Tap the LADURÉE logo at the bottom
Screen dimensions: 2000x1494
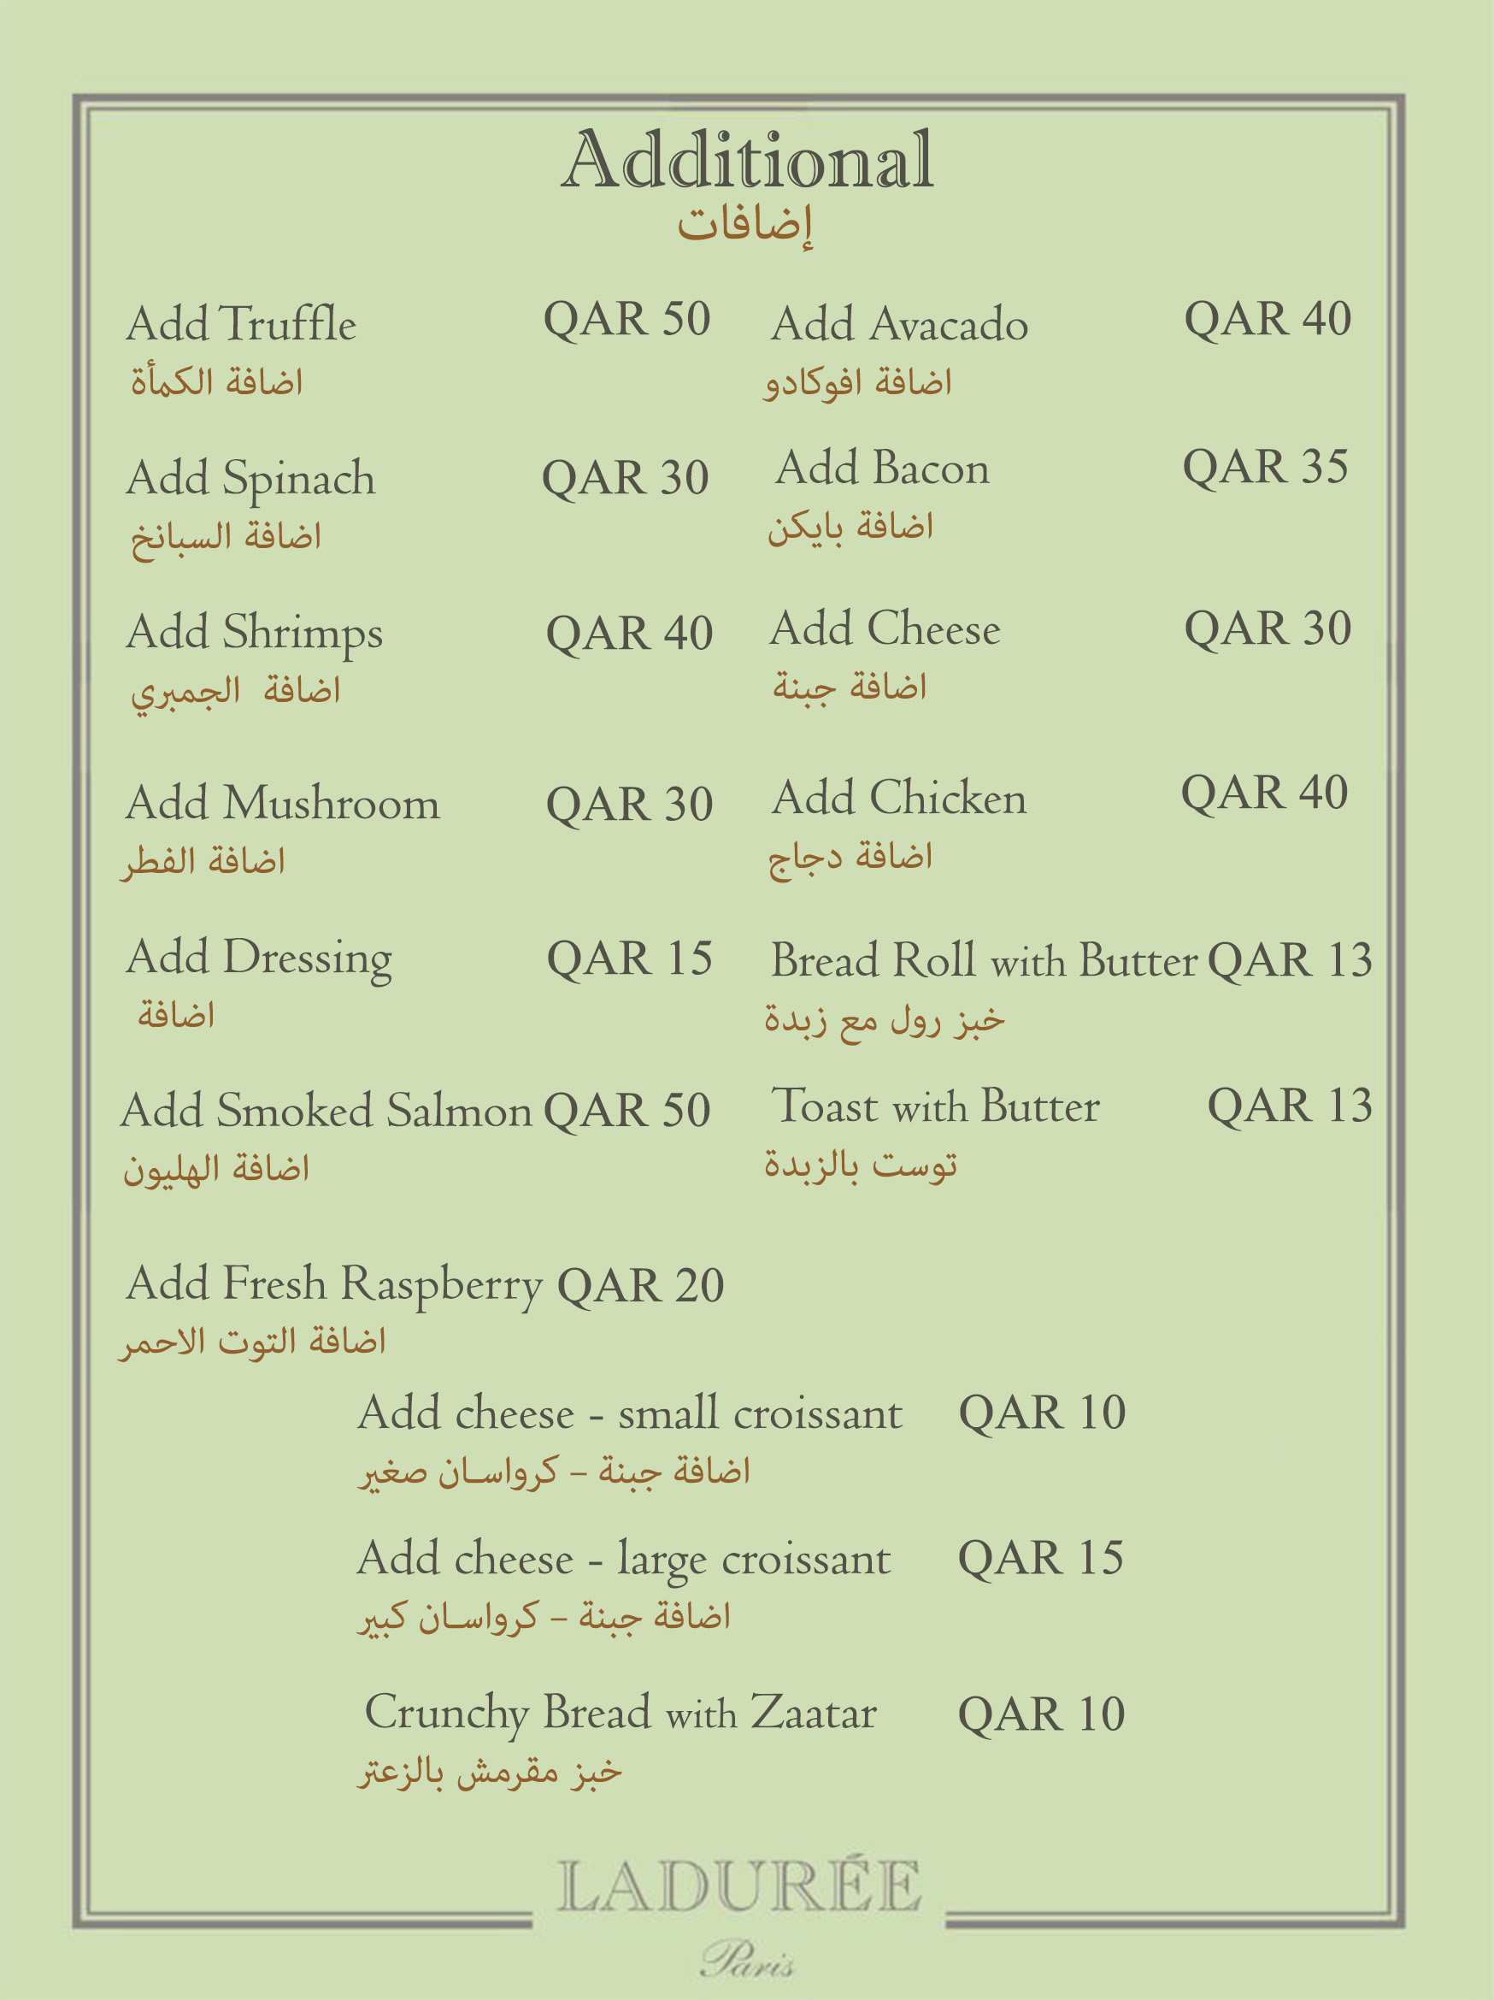coord(738,1886)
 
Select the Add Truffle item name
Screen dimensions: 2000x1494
coord(241,324)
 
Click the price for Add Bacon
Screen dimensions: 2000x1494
coord(1265,468)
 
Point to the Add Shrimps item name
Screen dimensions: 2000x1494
coord(254,633)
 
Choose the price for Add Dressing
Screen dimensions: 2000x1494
coord(629,959)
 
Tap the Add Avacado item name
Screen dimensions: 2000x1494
coord(899,324)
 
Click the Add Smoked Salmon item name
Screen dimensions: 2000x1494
coord(326,1111)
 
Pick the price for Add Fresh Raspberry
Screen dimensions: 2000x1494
coord(640,1285)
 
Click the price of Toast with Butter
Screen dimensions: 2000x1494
coord(1290,1106)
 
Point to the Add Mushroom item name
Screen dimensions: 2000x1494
coord(283,803)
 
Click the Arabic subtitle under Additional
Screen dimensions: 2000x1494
coord(745,223)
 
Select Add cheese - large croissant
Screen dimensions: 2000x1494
coord(624,1559)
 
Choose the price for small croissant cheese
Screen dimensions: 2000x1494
coord(1042,1413)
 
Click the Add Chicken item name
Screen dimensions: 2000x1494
coord(899,798)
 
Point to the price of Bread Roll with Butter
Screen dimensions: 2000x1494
coord(1290,960)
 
